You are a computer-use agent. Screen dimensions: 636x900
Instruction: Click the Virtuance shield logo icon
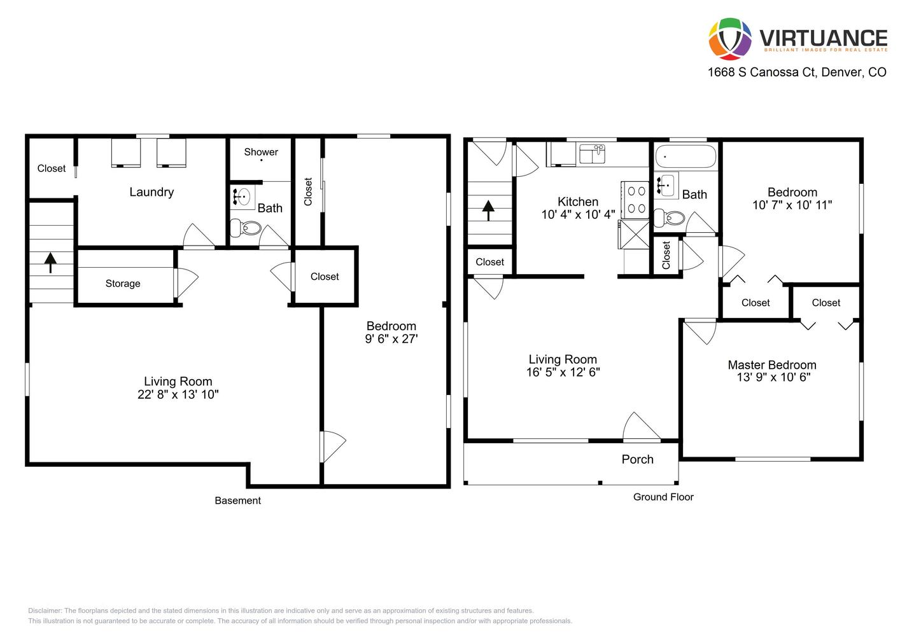[729, 38]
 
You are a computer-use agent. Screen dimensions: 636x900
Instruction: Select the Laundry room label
[151, 192]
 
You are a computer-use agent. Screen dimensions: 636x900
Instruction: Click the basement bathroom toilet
[247, 227]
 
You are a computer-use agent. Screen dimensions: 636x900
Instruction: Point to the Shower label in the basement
[261, 152]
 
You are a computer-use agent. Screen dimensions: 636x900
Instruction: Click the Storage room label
[123, 284]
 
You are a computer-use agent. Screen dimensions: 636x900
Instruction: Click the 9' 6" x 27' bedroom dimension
[391, 339]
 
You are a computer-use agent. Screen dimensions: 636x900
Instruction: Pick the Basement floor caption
[237, 501]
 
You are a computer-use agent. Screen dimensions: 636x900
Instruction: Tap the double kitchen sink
[592, 154]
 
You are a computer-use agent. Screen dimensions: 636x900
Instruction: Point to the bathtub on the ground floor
[686, 156]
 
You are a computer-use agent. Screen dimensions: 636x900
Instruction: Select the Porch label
[637, 459]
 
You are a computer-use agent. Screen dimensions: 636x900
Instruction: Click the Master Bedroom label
[771, 365]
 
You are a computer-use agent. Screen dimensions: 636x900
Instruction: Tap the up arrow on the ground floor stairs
[488, 209]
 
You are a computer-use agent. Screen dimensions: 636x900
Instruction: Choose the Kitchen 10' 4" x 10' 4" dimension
[578, 215]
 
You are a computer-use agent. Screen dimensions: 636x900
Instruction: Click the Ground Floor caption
[663, 497]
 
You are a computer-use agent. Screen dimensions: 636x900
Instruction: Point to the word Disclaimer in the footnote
[44, 611]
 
